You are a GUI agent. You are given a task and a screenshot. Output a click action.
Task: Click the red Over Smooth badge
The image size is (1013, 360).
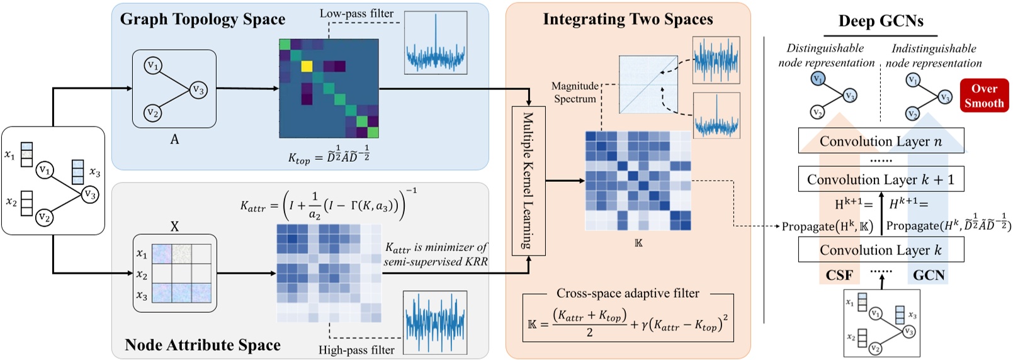[x=983, y=96]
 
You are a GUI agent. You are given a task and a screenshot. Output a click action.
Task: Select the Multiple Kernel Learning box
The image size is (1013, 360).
[x=528, y=181]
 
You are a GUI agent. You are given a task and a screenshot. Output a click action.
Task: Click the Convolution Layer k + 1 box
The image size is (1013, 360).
[x=880, y=179]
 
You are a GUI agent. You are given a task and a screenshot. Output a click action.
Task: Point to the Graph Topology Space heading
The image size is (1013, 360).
[x=202, y=20]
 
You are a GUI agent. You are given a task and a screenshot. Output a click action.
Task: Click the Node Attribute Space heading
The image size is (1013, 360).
[x=202, y=345]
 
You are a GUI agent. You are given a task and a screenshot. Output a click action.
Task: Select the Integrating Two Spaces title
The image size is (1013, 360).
[x=628, y=20]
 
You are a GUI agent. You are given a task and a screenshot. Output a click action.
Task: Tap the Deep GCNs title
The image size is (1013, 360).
[x=880, y=21]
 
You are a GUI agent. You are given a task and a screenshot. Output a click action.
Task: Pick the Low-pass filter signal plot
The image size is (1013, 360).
[x=435, y=42]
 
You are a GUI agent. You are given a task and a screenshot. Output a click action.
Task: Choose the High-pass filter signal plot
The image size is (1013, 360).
[x=434, y=322]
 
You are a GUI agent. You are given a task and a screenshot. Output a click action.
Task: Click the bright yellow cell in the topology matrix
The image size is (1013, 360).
[x=307, y=67]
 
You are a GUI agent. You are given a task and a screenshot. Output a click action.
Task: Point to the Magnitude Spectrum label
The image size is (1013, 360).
[x=574, y=93]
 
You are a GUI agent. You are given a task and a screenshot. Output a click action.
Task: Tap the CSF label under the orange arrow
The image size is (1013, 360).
[x=839, y=276]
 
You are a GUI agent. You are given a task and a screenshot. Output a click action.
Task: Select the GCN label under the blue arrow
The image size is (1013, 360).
[x=929, y=276]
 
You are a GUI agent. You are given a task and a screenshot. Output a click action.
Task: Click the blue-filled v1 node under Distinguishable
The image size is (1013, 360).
[x=817, y=79]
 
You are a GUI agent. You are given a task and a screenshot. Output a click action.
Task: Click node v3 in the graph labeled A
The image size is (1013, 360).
[x=198, y=90]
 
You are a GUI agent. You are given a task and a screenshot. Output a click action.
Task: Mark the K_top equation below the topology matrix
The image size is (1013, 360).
[x=329, y=155]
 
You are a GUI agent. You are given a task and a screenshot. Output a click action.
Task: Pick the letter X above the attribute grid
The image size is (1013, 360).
[x=174, y=227]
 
